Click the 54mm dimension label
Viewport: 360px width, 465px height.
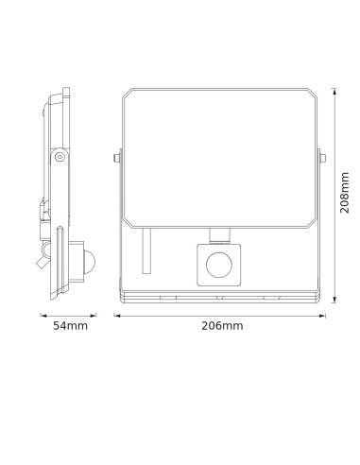coord(70,326)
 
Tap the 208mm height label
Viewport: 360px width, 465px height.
coord(345,198)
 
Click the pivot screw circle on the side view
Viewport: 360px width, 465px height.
coord(61,156)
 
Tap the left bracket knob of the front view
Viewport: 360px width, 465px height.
coord(116,157)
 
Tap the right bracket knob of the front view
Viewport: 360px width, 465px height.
coord(323,157)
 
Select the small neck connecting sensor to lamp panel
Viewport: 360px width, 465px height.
coord(220,232)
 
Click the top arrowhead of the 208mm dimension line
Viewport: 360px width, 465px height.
coord(334,92)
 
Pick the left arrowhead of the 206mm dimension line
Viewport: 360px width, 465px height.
coord(117,314)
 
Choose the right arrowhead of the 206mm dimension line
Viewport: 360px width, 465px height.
coord(325,314)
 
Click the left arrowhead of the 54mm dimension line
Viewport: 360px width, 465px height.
coord(42,314)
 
